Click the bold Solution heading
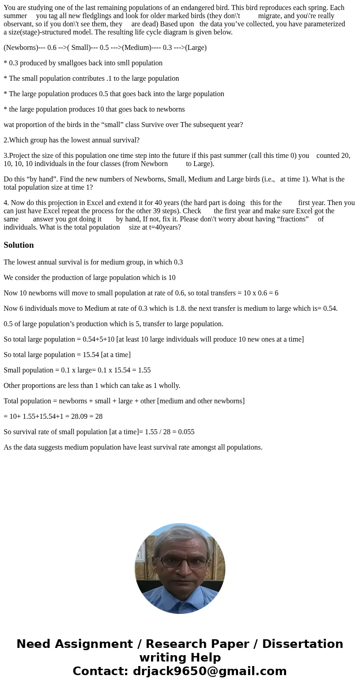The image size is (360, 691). pyautogui.click(x=19, y=245)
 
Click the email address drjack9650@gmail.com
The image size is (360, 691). pyautogui.click(x=210, y=671)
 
